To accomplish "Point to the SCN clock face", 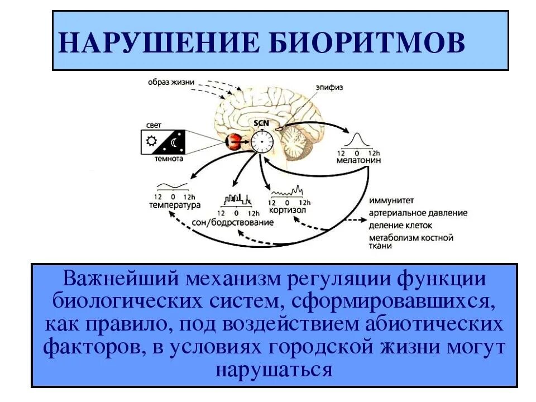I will [x=260, y=142].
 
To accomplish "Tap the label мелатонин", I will [x=359, y=160].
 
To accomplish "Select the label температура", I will [x=174, y=205].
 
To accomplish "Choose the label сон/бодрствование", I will [x=240, y=222].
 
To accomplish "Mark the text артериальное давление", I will [x=418, y=214].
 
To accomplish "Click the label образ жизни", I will [x=171, y=83].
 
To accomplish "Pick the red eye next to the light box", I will [x=233, y=142].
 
